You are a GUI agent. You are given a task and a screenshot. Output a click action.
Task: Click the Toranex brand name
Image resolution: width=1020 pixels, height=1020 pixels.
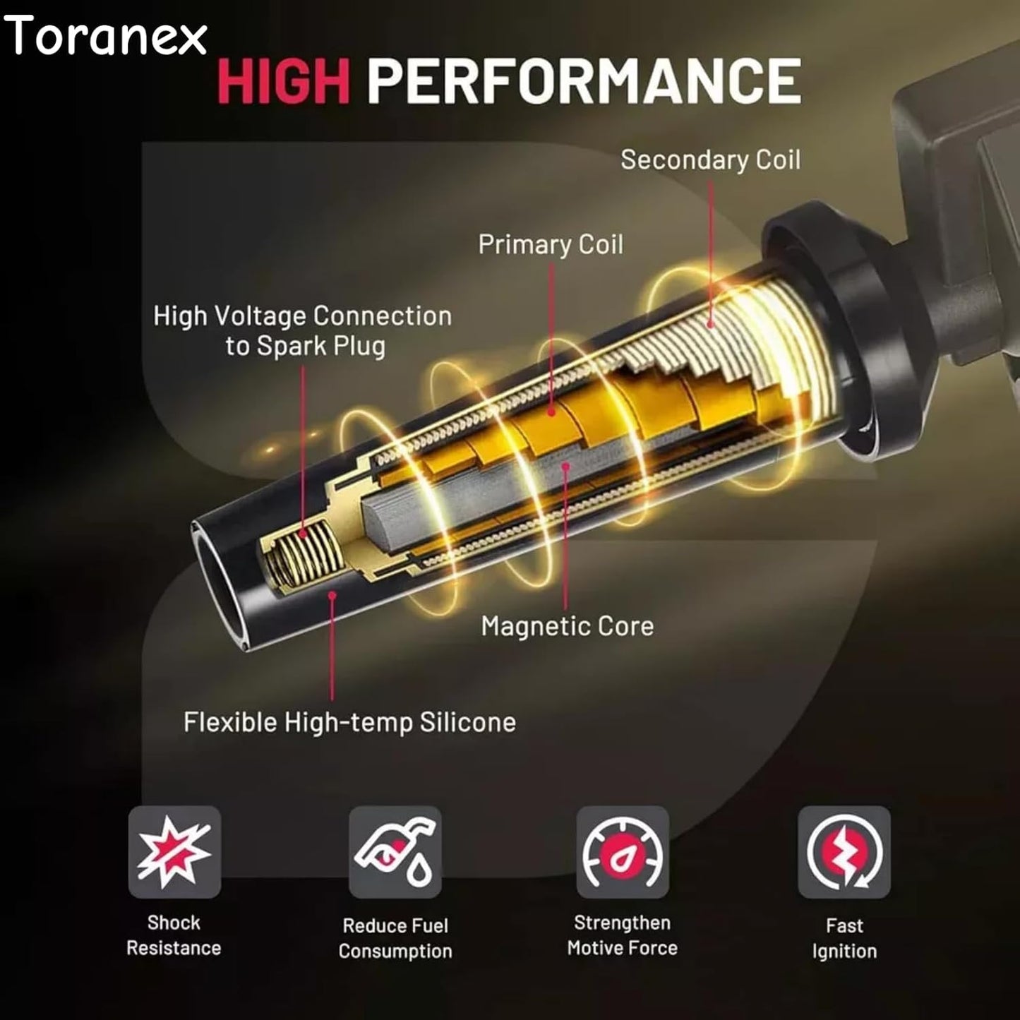104,35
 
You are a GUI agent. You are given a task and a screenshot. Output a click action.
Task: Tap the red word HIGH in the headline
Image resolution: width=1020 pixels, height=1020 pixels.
283,80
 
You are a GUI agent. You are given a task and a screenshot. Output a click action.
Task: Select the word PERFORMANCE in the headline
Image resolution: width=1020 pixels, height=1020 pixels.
584,80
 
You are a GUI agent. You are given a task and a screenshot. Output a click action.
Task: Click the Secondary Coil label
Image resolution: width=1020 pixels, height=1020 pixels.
710,160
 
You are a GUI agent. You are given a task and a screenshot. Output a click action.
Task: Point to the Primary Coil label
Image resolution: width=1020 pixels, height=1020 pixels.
551,244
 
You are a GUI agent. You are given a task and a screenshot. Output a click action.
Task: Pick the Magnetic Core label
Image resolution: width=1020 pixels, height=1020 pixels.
568,626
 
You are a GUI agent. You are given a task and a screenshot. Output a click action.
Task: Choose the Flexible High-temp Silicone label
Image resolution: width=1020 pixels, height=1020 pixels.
349,723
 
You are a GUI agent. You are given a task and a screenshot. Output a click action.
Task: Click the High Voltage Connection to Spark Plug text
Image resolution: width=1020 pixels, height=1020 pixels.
302,331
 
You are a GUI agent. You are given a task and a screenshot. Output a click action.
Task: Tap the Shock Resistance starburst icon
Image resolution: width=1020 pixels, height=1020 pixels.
174,852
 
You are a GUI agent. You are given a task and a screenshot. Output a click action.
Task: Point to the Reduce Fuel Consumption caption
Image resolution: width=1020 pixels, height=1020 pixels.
395,939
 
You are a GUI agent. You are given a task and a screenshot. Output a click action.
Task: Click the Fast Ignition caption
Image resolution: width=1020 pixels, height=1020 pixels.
844,939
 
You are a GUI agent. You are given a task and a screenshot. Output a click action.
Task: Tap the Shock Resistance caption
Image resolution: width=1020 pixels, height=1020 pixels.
174,935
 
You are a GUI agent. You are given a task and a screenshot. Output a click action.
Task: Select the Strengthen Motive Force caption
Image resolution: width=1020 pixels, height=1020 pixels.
623,935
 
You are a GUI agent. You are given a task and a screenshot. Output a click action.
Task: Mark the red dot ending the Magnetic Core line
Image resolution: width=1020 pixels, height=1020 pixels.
566,467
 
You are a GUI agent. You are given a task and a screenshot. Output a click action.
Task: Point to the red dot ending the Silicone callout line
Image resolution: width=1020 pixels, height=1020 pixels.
332,596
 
